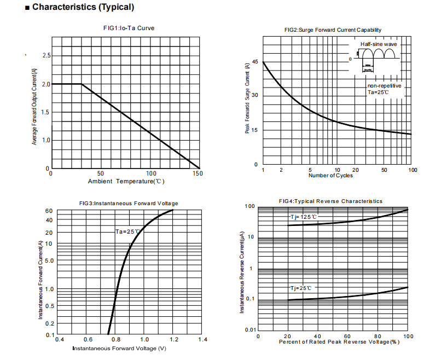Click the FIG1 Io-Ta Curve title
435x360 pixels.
(x=125, y=28)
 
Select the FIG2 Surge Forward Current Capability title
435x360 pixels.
(x=333, y=30)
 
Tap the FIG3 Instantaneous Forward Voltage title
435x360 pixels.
(x=129, y=204)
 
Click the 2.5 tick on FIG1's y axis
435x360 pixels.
(x=47, y=56)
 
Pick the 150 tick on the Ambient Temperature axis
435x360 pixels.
(x=198, y=173)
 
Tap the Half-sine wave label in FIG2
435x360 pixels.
(x=379, y=44)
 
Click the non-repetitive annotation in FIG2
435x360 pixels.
(x=385, y=86)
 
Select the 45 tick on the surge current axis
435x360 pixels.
(x=255, y=62)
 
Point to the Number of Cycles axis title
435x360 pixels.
(x=330, y=176)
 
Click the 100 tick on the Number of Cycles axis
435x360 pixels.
(x=413, y=170)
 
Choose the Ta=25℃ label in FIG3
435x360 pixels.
(x=128, y=231)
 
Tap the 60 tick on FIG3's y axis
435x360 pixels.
(x=49, y=211)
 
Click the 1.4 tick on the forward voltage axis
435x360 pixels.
(x=202, y=340)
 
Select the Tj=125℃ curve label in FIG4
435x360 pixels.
(x=303, y=217)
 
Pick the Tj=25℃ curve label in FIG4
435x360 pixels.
(x=301, y=288)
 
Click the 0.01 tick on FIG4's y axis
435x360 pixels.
(x=250, y=329)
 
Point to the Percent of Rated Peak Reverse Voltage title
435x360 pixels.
(x=339, y=342)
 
